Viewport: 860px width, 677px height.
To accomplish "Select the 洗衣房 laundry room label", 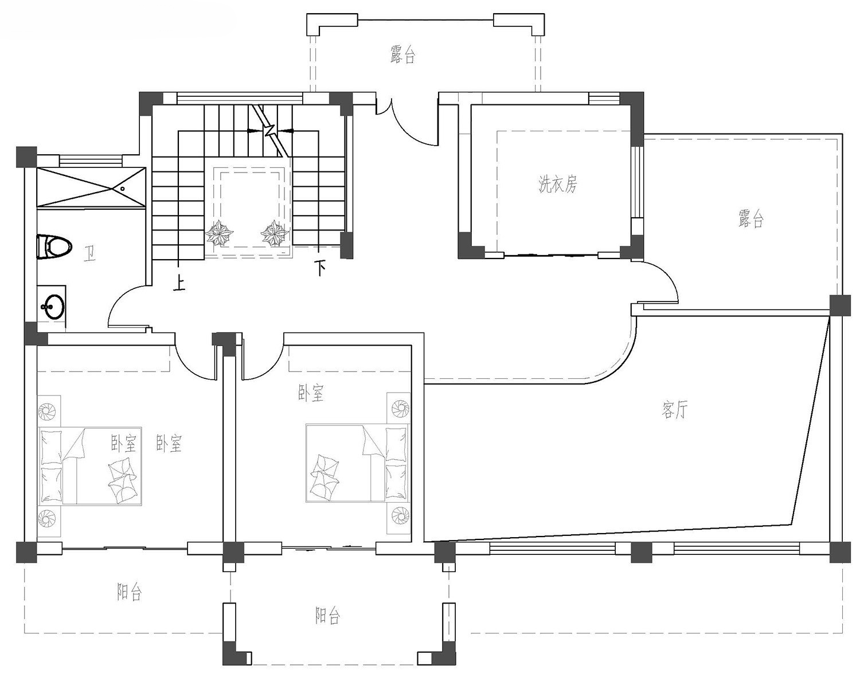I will [x=557, y=185].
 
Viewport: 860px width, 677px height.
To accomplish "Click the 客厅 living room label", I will [x=674, y=410].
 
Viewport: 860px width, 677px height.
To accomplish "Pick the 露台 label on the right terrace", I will [x=751, y=218].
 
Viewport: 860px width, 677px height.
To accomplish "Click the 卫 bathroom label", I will [x=89, y=254].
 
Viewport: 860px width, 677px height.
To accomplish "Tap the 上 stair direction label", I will [x=180, y=283].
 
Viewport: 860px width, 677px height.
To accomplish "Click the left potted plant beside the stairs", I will [x=220, y=234].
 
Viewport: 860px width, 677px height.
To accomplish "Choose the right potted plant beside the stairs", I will [x=275, y=234].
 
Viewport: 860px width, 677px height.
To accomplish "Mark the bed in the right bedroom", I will [x=357, y=463].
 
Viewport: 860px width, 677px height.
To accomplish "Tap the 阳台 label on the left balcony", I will [x=129, y=592].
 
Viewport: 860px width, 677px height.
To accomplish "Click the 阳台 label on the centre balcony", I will [x=327, y=616].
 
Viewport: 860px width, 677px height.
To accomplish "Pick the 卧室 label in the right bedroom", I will [x=311, y=393].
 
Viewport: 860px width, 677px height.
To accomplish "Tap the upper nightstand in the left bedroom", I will [x=49, y=411].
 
